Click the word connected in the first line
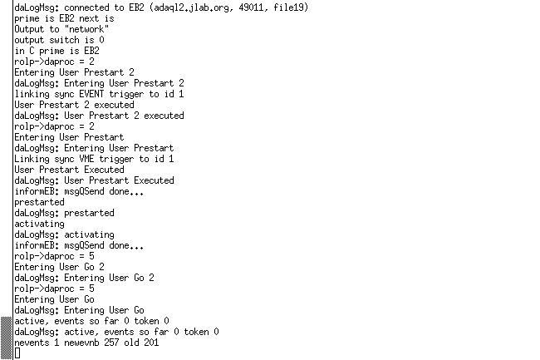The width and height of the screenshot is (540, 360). click(86, 7)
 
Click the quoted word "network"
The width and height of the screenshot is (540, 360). click(86, 29)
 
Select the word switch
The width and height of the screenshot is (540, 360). click(64, 40)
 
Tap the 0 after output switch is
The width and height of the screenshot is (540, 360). click(101, 40)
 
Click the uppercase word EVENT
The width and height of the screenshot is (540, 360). click(91, 94)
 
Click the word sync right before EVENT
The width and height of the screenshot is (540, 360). click(64, 95)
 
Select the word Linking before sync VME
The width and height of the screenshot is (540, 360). click(32, 159)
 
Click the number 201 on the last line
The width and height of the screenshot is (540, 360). click(151, 343)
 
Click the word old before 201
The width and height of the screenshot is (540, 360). click(131, 343)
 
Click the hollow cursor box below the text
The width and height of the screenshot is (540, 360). click(17, 353)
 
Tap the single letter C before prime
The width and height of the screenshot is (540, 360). click(32, 51)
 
